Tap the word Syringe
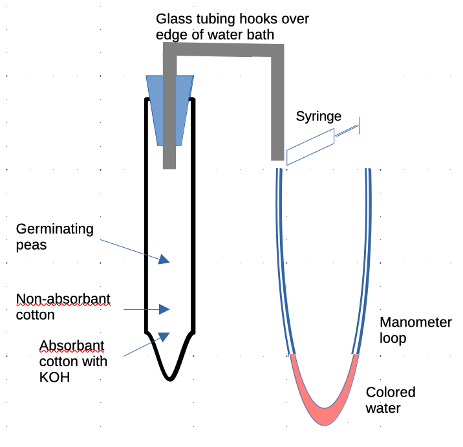[318, 116]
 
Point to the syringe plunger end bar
[360, 125]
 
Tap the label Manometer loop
[415, 330]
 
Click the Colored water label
[391, 400]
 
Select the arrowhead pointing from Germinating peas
[164, 259]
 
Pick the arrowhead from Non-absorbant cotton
[164, 309]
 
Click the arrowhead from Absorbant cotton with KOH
[164, 336]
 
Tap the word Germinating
[55, 229]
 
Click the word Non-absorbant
[63, 299]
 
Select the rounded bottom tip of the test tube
[170, 376]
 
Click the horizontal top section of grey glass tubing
[226, 50]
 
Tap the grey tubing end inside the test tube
[169, 162]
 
